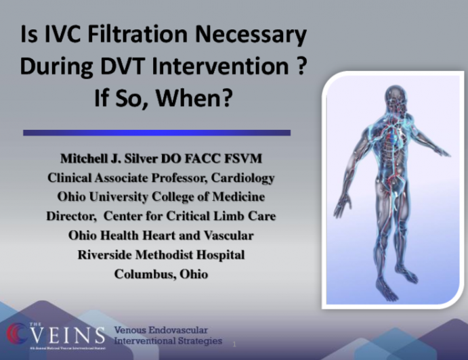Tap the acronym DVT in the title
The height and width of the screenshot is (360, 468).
point(140,68)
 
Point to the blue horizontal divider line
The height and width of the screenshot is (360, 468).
point(156,133)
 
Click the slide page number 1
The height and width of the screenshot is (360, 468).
point(234,344)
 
